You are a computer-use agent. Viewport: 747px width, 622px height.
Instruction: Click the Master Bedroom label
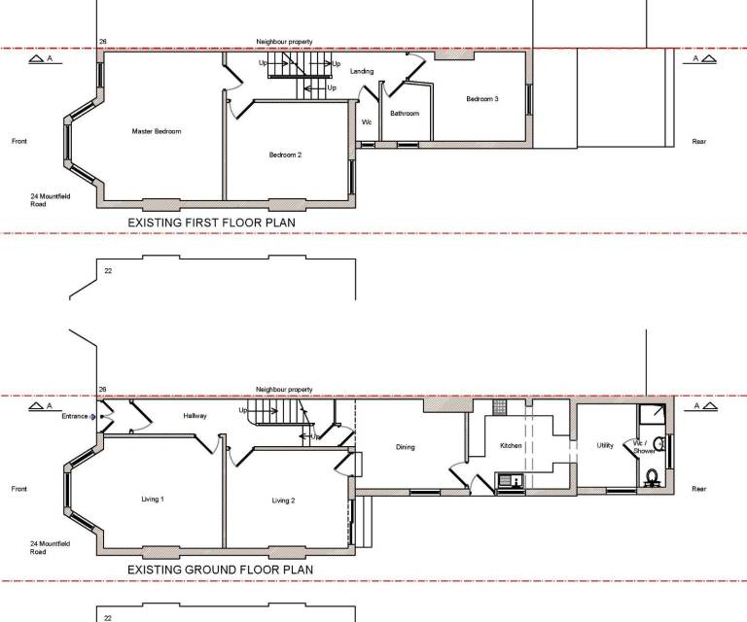point(157,131)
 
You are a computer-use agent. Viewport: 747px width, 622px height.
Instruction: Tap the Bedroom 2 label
point(285,155)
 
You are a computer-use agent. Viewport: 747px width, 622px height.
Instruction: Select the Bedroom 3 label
point(482,99)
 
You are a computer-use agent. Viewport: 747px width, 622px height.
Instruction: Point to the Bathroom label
point(405,114)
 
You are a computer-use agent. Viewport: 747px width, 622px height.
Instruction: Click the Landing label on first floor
point(362,71)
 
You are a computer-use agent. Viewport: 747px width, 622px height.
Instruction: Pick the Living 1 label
point(153,500)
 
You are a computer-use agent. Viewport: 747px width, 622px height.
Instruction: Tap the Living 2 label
point(283,501)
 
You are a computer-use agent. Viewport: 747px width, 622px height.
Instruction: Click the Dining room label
point(406,447)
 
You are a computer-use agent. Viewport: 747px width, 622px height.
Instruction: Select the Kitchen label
point(511,446)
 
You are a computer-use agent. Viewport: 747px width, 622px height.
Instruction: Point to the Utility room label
point(605,445)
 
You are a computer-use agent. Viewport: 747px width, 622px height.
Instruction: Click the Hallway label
point(195,416)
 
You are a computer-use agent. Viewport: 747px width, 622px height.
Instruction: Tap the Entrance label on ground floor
point(75,416)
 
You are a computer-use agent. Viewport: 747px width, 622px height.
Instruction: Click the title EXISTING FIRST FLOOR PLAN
point(211,223)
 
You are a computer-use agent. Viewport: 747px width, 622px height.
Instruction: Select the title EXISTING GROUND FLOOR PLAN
point(221,570)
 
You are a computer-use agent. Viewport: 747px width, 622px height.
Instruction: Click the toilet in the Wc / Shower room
point(652,477)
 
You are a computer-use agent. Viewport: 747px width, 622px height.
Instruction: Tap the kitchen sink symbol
point(510,480)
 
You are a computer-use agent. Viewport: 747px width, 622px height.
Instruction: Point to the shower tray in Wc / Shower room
point(652,415)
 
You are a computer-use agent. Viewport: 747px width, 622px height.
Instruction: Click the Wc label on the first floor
point(367,122)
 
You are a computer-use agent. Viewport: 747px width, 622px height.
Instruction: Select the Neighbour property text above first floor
point(284,42)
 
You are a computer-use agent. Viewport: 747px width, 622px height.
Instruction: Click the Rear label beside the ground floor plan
point(699,489)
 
